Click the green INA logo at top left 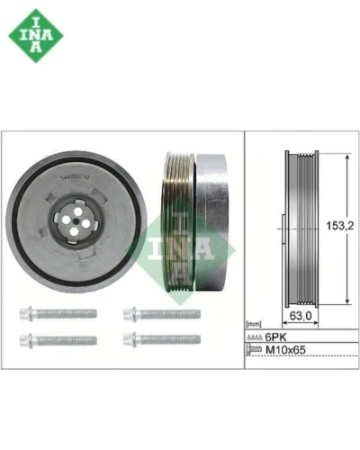tap(36, 36)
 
